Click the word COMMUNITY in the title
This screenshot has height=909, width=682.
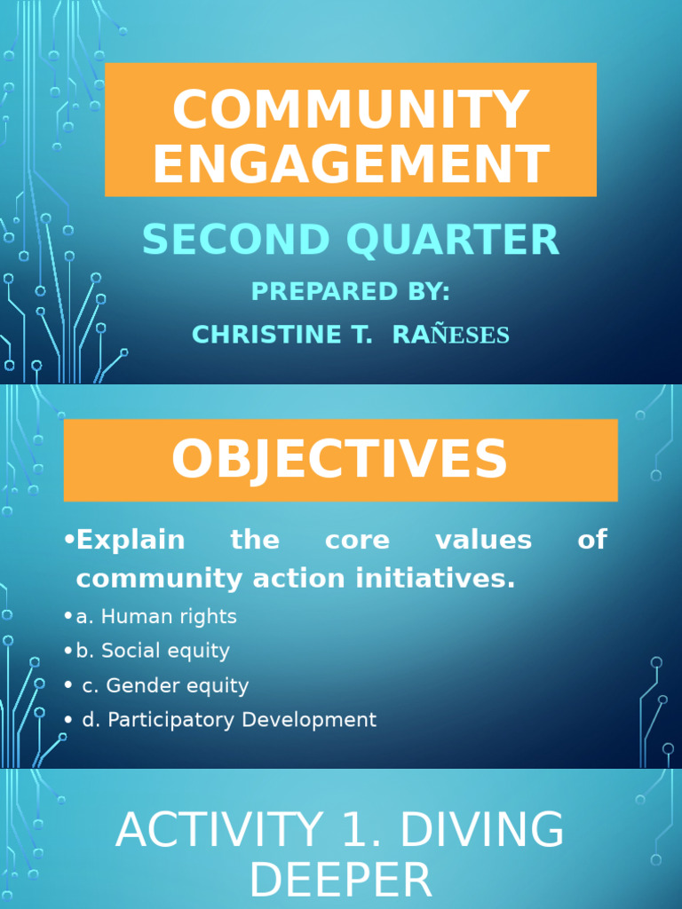pyautogui.click(x=350, y=110)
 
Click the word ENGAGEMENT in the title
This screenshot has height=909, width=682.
pyautogui.click(x=350, y=164)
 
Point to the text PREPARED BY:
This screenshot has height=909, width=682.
pyautogui.click(x=350, y=291)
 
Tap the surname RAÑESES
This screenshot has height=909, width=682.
pyautogui.click(x=450, y=335)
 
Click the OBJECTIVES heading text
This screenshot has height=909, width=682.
pyautogui.click(x=339, y=460)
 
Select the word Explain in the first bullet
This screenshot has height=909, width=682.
pyautogui.click(x=131, y=540)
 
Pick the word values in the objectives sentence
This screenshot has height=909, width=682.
pyautogui.click(x=483, y=540)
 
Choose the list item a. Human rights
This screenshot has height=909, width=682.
pyautogui.click(x=156, y=616)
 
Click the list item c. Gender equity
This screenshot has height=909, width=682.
pyautogui.click(x=165, y=685)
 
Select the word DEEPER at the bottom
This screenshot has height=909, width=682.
pyautogui.click(x=340, y=882)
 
